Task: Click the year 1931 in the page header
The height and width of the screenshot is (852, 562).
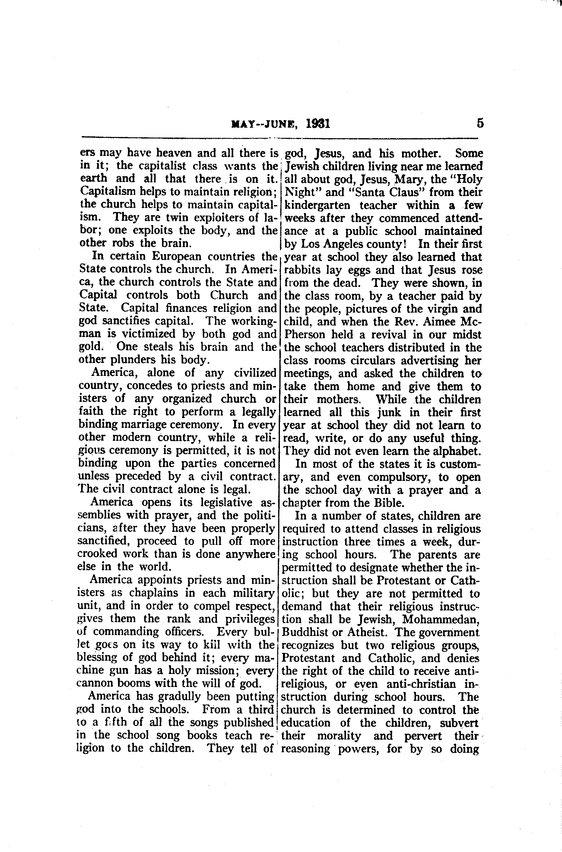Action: click(318, 124)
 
